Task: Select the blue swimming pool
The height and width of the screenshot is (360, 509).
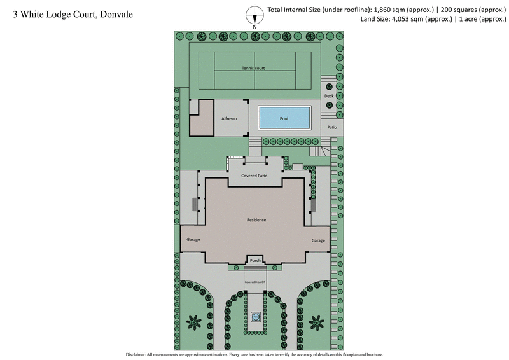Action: pos(284,118)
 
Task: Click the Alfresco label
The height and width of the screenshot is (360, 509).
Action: pos(229,119)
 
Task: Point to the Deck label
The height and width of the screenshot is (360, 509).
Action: pos(329,96)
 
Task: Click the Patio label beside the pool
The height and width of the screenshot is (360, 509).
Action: pos(331,127)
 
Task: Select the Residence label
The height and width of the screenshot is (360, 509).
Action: pos(256,220)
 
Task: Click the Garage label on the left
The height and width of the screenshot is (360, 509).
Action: pos(193,240)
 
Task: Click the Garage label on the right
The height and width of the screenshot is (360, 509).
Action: pos(318,240)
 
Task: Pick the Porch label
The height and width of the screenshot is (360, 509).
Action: pos(256,260)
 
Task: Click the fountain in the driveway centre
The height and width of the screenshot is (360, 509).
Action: pos(256,317)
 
